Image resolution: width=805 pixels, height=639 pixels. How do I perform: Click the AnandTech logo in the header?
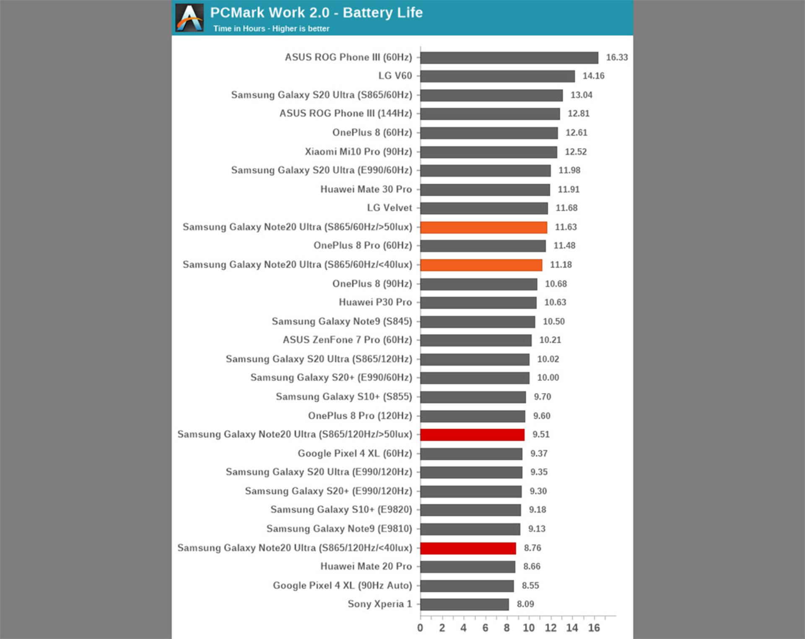[190, 18]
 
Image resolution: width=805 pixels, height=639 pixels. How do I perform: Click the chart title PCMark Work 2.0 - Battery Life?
[316, 13]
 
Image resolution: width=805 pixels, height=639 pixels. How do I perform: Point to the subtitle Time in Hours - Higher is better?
[271, 29]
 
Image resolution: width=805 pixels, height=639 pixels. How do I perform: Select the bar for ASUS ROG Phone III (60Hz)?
[509, 57]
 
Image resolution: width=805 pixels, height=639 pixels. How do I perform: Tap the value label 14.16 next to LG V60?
[593, 76]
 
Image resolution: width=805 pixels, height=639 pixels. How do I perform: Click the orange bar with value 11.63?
[483, 227]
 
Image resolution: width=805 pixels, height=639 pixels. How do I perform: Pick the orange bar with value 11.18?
[481, 265]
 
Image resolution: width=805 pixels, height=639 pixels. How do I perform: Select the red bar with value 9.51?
[472, 435]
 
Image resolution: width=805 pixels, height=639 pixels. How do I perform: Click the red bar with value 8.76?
[468, 548]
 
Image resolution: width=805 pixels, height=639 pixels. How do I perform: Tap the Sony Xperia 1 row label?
[379, 604]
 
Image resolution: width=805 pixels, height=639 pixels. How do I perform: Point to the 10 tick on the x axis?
[529, 628]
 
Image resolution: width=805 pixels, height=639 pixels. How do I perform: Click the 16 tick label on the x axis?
[594, 628]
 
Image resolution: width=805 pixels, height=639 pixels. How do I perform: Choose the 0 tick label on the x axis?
[420, 628]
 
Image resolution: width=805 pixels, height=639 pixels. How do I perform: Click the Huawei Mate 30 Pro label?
[366, 189]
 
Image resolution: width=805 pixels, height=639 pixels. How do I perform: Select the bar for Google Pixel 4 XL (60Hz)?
[471, 454]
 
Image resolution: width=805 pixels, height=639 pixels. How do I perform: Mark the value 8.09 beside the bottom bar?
[525, 604]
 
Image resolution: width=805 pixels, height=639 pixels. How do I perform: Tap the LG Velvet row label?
[390, 208]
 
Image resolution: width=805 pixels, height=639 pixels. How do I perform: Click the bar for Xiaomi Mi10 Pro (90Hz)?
[488, 152]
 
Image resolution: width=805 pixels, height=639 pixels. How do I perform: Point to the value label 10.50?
[553, 321]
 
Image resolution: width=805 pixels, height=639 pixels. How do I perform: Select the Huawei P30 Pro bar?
[478, 303]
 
